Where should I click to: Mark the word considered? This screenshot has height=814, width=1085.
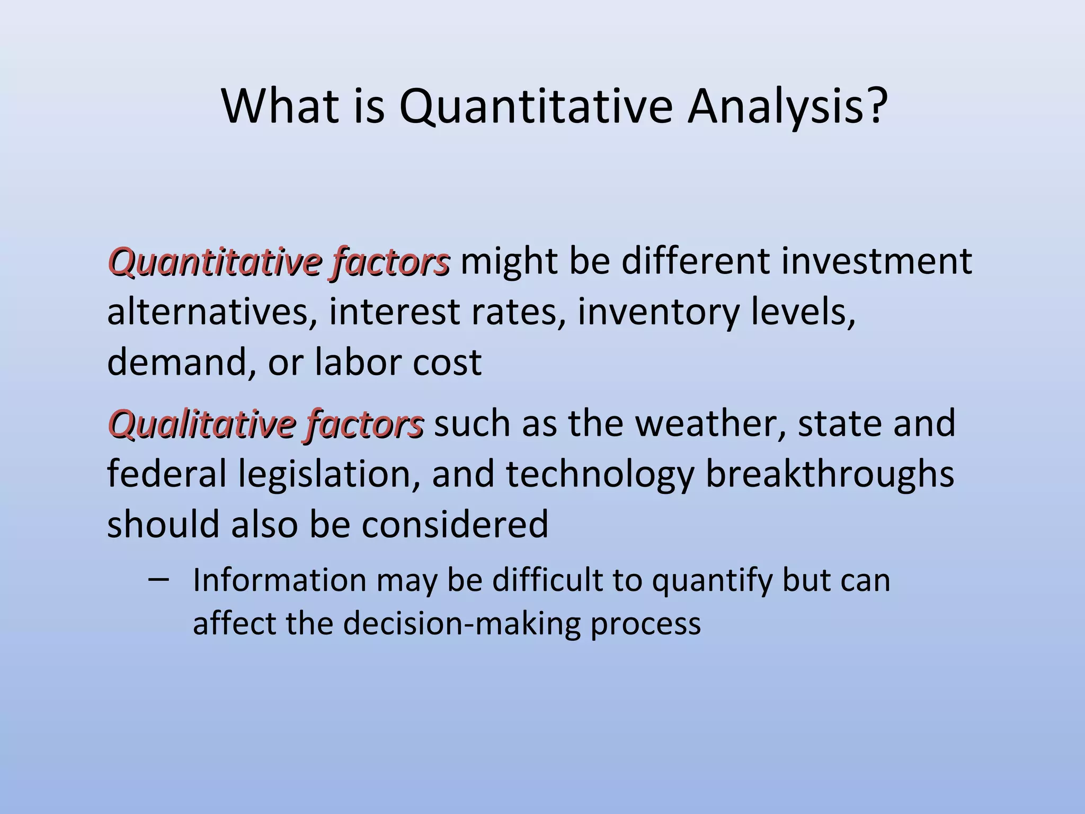tap(455, 524)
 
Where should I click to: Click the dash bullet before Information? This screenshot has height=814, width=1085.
tap(159, 579)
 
